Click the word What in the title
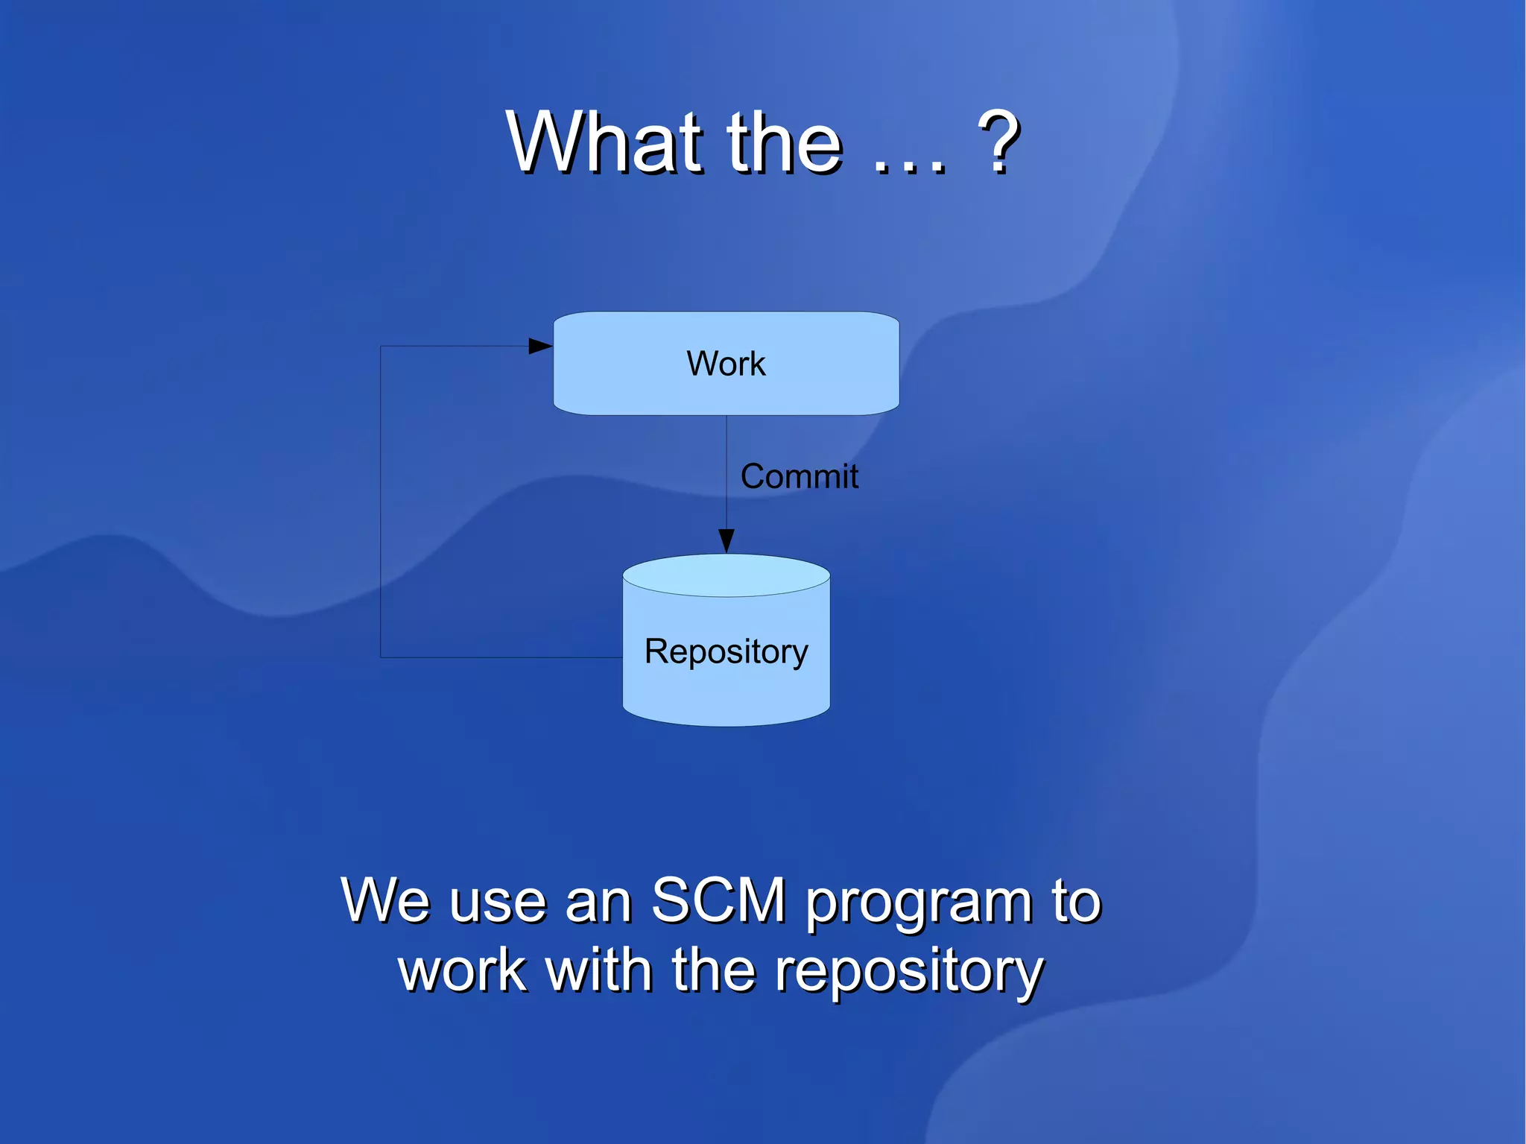click(x=604, y=142)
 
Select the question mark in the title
click(x=998, y=142)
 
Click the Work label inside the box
click(x=726, y=364)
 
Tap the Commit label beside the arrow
click(x=799, y=476)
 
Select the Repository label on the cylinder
click(x=726, y=651)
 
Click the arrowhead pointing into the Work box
click(x=540, y=346)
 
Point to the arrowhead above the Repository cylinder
click(x=726, y=540)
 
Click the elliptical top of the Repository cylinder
click(x=726, y=575)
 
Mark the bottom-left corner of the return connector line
click(x=381, y=657)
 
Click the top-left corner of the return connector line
click(x=381, y=346)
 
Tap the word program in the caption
click(x=919, y=903)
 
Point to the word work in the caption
click(x=463, y=970)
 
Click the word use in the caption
click(x=498, y=903)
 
